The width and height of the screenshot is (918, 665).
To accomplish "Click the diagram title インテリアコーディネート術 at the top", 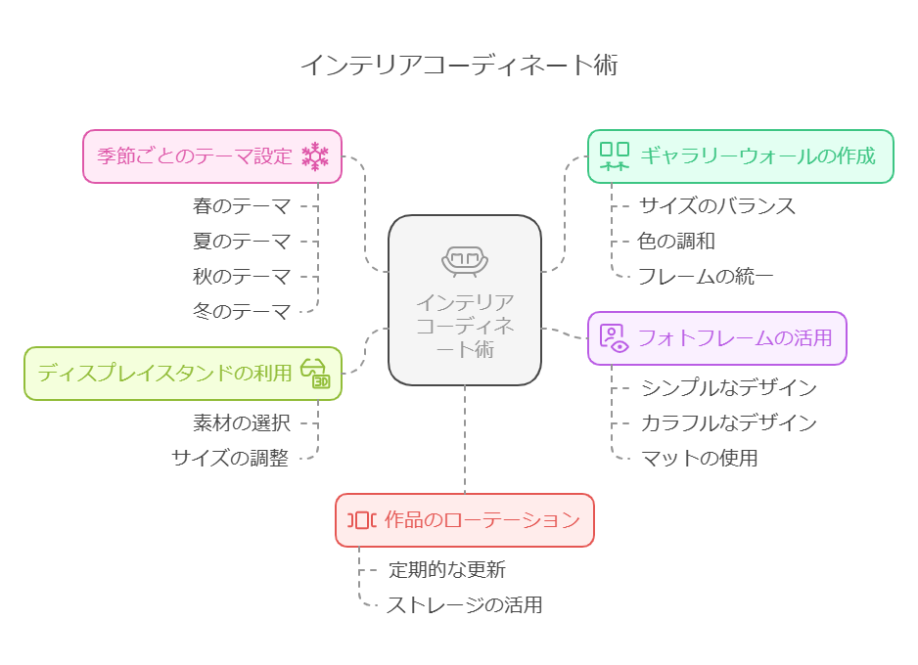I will [458, 66].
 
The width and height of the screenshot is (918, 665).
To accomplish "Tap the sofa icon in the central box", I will [465, 260].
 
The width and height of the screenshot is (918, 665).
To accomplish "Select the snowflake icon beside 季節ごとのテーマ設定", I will [315, 155].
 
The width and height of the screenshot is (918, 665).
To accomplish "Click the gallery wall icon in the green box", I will [615, 155].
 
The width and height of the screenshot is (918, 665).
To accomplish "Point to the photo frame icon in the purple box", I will [614, 338].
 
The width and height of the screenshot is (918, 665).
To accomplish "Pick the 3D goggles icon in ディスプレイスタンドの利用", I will [315, 373].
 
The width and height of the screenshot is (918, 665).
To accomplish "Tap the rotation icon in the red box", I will [361, 520].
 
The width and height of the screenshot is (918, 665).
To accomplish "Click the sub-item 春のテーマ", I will [242, 206].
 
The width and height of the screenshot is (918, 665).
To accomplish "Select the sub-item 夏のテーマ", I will [242, 242].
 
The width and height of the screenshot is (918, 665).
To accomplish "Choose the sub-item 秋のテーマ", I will [242, 277].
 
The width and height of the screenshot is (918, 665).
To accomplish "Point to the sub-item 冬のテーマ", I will [242, 312].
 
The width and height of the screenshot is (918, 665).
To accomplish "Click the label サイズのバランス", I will [717, 206].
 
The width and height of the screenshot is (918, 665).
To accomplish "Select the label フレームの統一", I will [706, 277].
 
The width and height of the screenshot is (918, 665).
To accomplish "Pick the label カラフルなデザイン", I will [728, 422].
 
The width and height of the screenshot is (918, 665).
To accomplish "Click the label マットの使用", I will [699, 458].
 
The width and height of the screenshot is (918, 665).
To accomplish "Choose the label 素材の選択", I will [242, 422].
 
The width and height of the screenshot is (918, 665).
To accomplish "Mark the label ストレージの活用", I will [464, 604].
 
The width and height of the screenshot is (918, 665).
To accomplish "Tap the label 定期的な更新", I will [447, 569].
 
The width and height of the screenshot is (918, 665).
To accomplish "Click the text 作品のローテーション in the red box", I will [482, 520].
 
